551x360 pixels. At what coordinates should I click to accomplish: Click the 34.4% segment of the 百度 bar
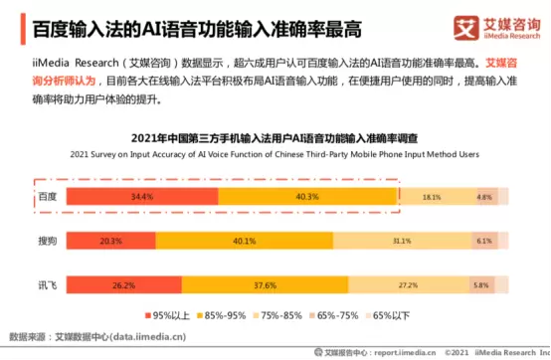pos(142,197)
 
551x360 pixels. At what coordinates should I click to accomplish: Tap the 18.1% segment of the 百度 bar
pos(432,197)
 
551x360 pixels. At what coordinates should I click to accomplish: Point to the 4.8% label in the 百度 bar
pos(484,197)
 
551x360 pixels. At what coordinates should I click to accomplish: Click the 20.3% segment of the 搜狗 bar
pos(110,241)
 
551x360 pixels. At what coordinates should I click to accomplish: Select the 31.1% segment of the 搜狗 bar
pos(402,241)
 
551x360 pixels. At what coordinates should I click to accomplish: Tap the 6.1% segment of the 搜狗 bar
pos(483,241)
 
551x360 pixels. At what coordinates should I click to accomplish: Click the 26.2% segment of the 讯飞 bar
pos(123,284)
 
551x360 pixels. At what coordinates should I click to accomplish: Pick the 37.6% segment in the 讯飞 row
pos(265,284)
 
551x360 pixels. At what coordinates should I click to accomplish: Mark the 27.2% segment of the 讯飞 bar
pos(408,284)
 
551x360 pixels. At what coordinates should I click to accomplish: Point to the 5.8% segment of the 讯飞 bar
pos(480,284)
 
